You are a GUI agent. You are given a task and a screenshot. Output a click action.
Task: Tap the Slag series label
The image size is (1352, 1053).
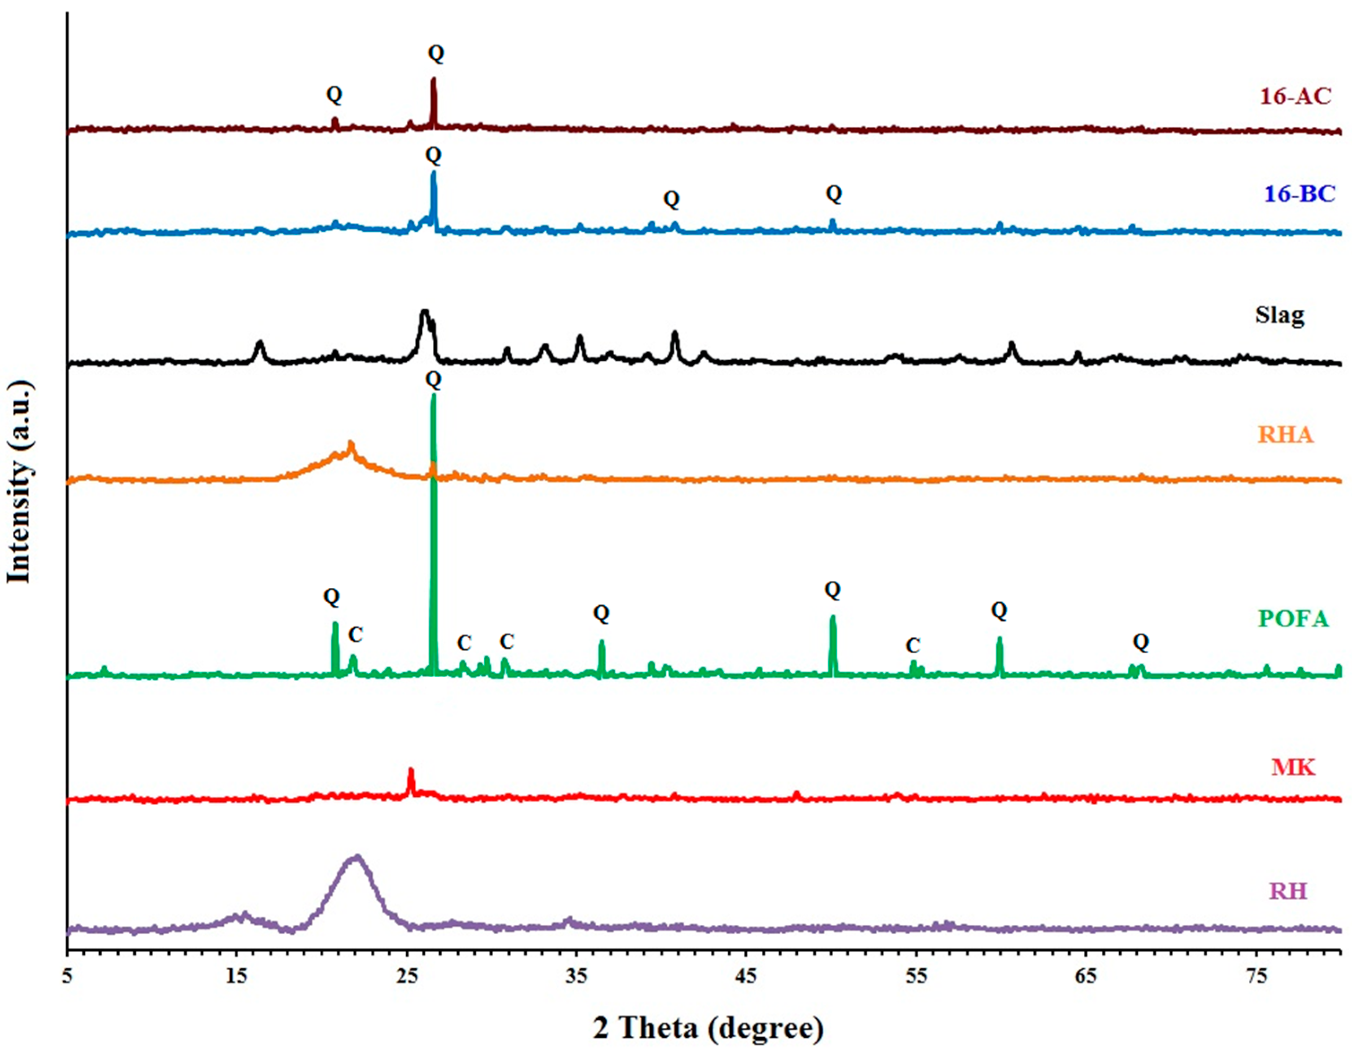pos(1279,315)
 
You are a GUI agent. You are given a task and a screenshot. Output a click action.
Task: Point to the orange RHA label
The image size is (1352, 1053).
pos(1285,435)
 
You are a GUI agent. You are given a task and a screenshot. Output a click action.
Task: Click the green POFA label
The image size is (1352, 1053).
pos(1293,619)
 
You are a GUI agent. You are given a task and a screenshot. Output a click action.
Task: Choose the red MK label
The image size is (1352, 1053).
pos(1293,768)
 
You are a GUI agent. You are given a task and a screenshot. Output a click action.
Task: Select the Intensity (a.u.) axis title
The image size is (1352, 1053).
pos(19,483)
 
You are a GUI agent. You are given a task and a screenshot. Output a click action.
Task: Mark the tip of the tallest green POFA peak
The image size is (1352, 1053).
pos(433,396)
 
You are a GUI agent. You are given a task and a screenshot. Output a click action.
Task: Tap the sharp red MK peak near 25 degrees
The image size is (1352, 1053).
pos(410,771)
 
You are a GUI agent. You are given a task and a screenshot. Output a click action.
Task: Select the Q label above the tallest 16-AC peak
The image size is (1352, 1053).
pos(436,54)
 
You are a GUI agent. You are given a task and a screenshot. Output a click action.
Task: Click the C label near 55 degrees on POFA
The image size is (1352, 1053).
pos(913,646)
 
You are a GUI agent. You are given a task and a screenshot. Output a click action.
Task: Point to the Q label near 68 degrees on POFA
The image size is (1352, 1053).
pos(1141,643)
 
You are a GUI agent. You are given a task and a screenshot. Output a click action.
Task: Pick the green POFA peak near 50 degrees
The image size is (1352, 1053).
pos(833,617)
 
